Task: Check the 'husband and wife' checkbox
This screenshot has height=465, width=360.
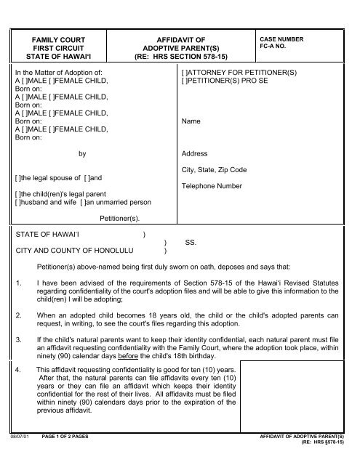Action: point(18,202)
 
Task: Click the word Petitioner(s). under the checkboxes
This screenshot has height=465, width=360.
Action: point(120,217)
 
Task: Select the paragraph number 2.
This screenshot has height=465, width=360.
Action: point(18,316)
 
